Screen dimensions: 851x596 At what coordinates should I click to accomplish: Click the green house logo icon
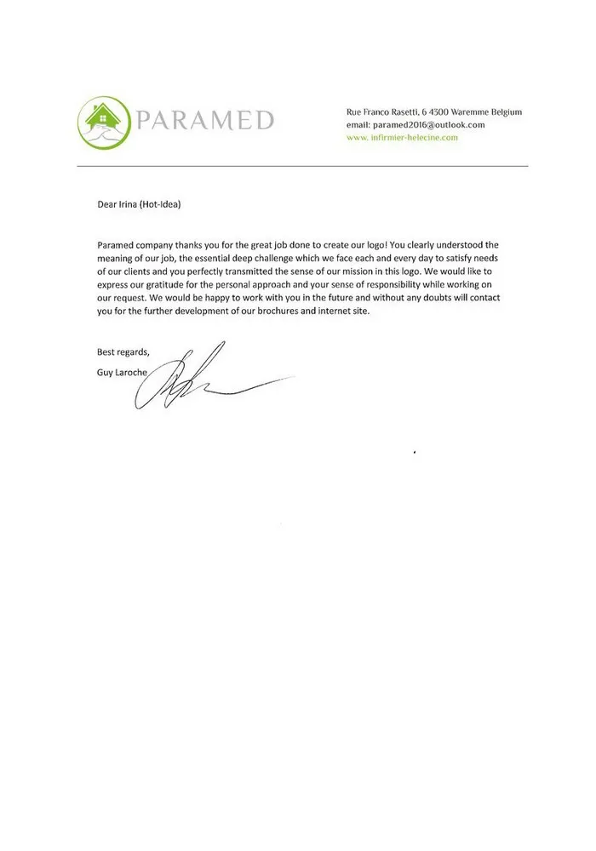[x=104, y=121]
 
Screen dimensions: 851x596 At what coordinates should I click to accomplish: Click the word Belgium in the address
[x=505, y=112]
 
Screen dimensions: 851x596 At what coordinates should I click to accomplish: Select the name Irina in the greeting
[x=127, y=204]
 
